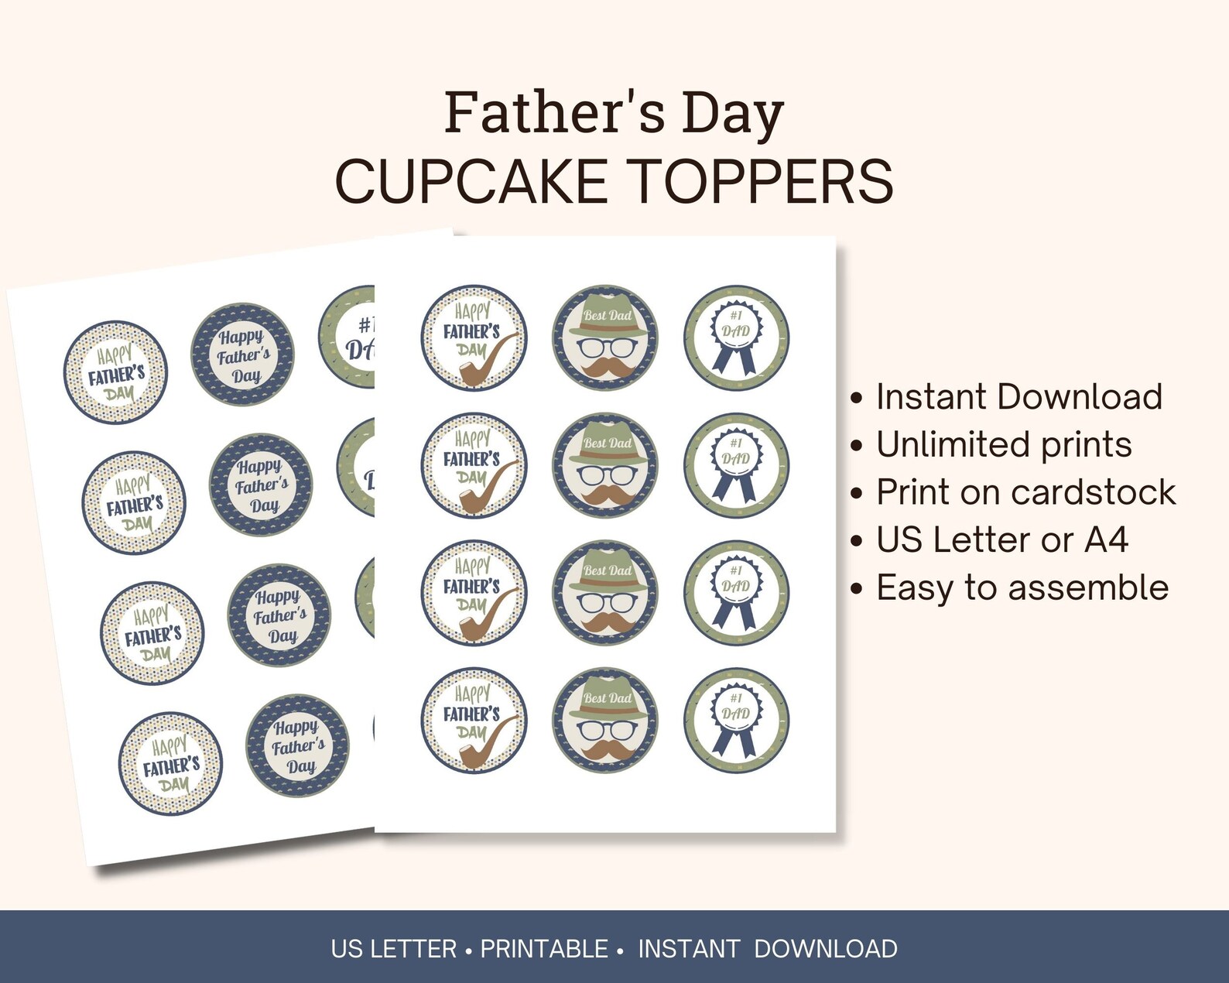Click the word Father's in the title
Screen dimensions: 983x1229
[x=554, y=113]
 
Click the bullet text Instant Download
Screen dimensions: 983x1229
[x=1018, y=397]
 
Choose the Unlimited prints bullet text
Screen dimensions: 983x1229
[x=1004, y=445]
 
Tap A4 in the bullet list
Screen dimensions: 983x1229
[x=1106, y=540]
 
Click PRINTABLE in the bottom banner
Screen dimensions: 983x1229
[x=544, y=949]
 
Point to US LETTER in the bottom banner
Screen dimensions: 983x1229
[x=393, y=949]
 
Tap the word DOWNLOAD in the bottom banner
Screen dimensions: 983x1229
[x=825, y=949]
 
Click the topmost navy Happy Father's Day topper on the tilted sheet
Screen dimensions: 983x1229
[x=243, y=355]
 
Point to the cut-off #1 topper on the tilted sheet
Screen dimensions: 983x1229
[x=349, y=339]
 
